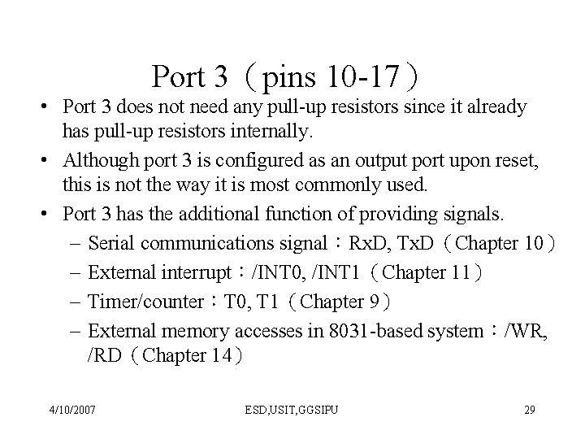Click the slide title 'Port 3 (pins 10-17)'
pos(286,77)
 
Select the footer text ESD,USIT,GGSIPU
pos(292,409)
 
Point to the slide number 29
pos(529,409)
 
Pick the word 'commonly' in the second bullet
pos(347,186)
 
